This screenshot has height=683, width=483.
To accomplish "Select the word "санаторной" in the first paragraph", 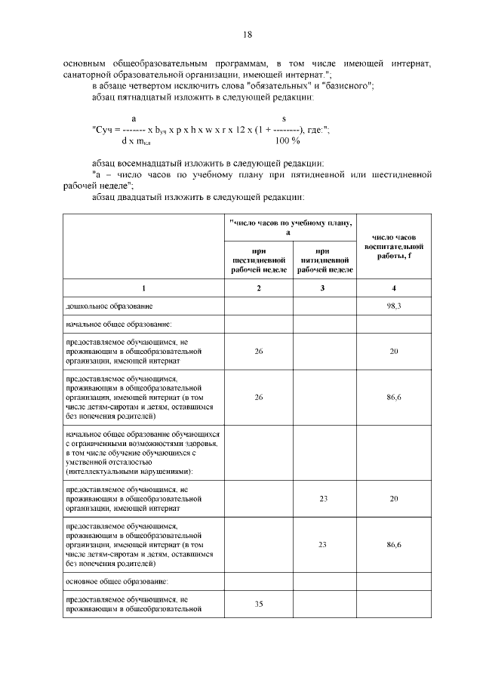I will (x=91, y=75).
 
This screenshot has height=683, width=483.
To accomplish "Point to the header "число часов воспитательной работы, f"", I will (x=393, y=247).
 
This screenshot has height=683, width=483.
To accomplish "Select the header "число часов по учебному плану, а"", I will (x=290, y=228).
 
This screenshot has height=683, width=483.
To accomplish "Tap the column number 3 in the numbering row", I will (x=323, y=288).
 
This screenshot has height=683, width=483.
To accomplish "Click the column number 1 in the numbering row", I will (x=143, y=288).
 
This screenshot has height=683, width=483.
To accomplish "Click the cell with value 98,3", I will (x=393, y=306).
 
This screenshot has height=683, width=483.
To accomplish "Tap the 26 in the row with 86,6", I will (x=258, y=396).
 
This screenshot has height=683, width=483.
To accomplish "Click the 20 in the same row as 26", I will (x=393, y=351).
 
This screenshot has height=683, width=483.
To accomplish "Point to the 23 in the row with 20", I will (x=323, y=498).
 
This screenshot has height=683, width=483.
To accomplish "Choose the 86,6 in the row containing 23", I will (x=393, y=543).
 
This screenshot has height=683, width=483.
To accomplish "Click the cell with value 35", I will (x=258, y=604).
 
